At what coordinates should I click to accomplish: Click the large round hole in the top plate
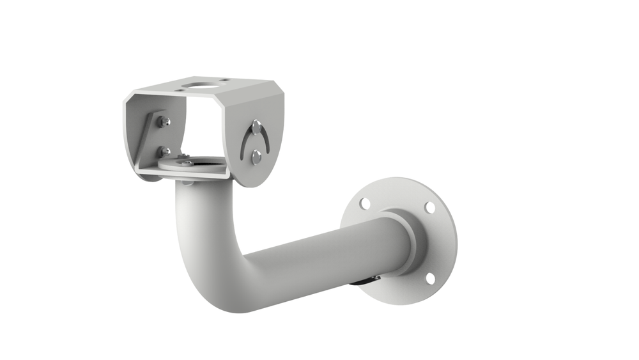click(195, 84)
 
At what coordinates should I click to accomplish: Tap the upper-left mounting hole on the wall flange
click(364, 204)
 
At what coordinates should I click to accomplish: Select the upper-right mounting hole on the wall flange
click(430, 208)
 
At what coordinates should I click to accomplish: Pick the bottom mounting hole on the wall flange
click(429, 278)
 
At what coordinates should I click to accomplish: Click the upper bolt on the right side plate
click(256, 126)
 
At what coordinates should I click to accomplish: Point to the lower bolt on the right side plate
click(256, 157)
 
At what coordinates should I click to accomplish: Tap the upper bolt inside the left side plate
click(164, 121)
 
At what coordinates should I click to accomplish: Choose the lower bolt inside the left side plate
click(164, 152)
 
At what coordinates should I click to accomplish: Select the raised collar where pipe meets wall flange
click(409, 243)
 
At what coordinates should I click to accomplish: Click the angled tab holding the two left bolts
click(153, 137)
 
